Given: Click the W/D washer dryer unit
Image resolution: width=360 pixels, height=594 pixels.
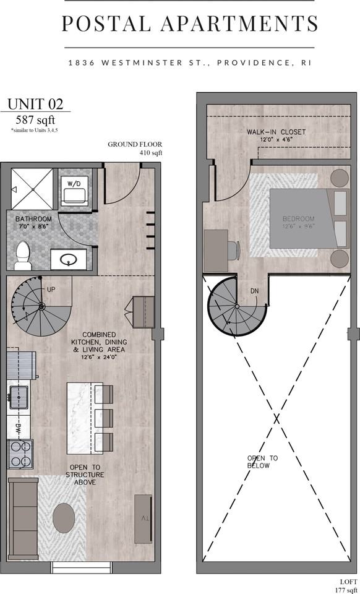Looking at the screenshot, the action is click(x=75, y=190).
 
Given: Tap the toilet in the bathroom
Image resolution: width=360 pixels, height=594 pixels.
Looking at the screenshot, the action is click(x=23, y=256).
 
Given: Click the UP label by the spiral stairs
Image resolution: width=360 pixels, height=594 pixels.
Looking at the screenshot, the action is click(x=51, y=289).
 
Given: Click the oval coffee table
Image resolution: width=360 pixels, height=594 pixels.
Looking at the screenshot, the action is click(x=64, y=518).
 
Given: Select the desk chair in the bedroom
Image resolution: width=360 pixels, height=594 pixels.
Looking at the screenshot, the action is click(x=234, y=251).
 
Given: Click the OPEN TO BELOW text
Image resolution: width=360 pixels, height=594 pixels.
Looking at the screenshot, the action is click(x=262, y=462).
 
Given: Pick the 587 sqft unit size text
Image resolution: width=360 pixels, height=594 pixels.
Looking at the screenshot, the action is click(x=36, y=120).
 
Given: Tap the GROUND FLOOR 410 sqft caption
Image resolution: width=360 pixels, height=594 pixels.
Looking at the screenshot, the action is click(x=135, y=148).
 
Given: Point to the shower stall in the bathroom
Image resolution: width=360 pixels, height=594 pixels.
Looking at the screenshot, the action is click(x=32, y=189).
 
